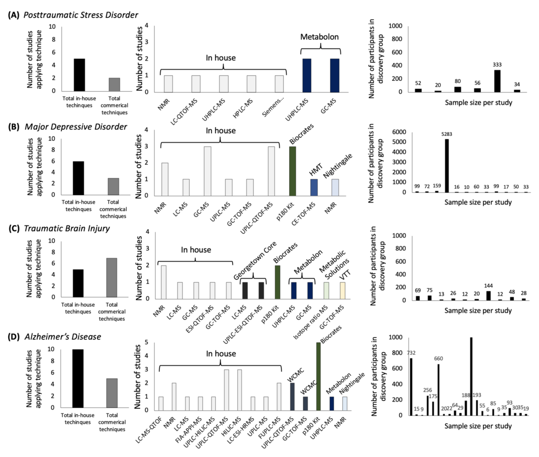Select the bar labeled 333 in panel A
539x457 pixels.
pos(497,81)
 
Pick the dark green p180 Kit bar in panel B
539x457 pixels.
pos(292,171)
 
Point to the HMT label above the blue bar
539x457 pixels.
pos(316,170)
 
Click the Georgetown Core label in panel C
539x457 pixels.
pos(255,260)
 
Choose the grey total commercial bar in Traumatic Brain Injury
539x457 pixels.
pos(111,277)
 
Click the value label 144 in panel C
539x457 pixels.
pos(488,286)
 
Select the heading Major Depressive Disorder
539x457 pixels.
pos(76,127)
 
